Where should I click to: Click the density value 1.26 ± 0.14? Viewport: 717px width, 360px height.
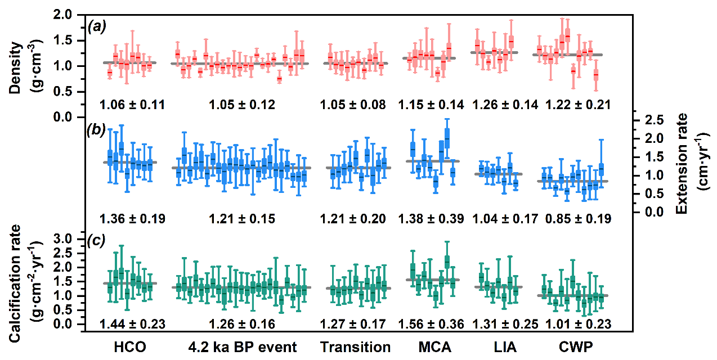505,105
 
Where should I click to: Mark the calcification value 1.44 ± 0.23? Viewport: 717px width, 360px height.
132,324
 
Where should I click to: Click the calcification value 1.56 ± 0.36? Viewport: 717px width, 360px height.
431,324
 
